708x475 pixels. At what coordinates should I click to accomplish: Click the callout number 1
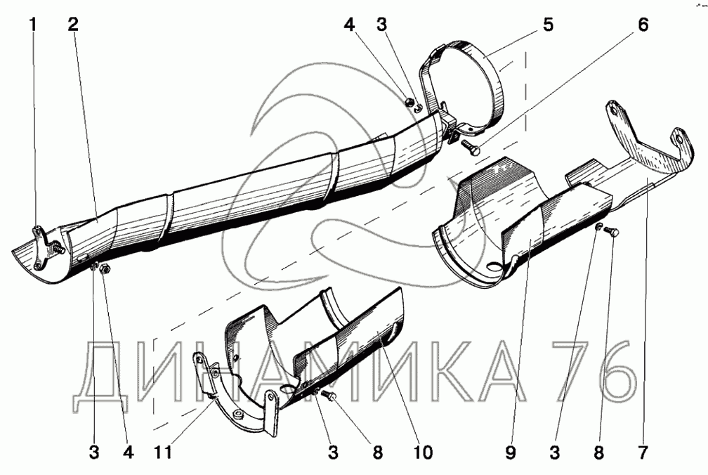(32, 26)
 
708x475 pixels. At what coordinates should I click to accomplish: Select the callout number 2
(74, 26)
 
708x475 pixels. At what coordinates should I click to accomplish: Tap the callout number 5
(548, 26)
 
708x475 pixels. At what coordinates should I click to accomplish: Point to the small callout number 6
(642, 26)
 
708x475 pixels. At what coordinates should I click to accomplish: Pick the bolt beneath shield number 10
(329, 398)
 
